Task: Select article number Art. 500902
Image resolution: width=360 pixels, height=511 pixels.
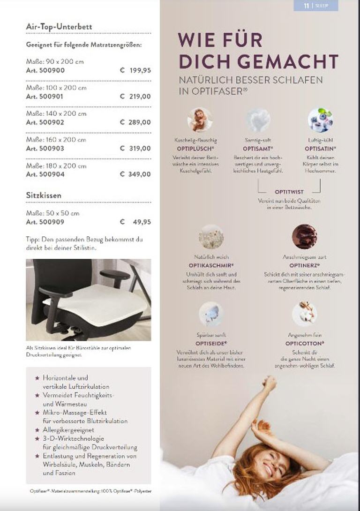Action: [x=45, y=122]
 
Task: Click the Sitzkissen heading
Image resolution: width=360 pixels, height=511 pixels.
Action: [x=44, y=195]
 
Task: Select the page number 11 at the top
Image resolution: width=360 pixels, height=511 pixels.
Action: [x=307, y=6]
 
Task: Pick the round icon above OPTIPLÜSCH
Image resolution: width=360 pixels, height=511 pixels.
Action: [x=200, y=120]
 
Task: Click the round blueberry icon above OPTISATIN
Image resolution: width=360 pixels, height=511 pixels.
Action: [x=320, y=120]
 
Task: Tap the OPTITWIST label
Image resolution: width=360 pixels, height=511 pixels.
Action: [x=289, y=192]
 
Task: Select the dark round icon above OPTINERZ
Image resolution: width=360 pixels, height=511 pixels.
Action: [x=304, y=236]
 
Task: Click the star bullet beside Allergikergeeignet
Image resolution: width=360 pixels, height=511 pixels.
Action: [x=37, y=429]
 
